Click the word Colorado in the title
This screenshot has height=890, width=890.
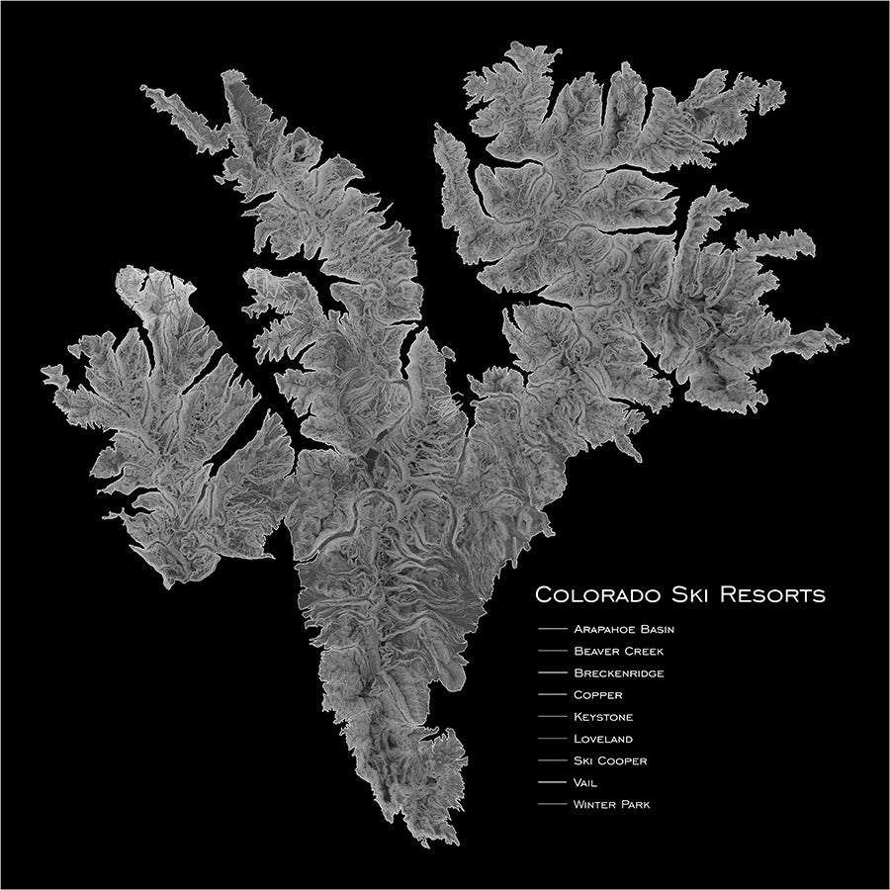[594, 596]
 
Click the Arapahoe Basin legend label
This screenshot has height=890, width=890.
[623, 628]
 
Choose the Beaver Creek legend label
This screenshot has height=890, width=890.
[618, 651]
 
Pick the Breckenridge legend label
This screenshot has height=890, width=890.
[618, 672]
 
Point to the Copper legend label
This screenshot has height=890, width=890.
[597, 695]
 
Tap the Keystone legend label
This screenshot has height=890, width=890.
[602, 717]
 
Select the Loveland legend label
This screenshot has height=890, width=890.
[602, 739]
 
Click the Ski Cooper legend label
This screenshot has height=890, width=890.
[610, 761]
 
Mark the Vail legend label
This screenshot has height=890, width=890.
[585, 783]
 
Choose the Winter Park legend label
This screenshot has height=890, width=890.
[611, 805]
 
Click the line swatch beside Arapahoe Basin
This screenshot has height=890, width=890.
[549, 629]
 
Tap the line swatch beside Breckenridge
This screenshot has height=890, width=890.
[549, 673]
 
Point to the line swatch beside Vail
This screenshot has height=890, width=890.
[549, 783]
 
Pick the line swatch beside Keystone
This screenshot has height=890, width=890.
[549, 717]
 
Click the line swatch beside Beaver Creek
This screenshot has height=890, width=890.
[549, 651]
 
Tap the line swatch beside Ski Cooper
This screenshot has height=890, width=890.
[549, 761]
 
